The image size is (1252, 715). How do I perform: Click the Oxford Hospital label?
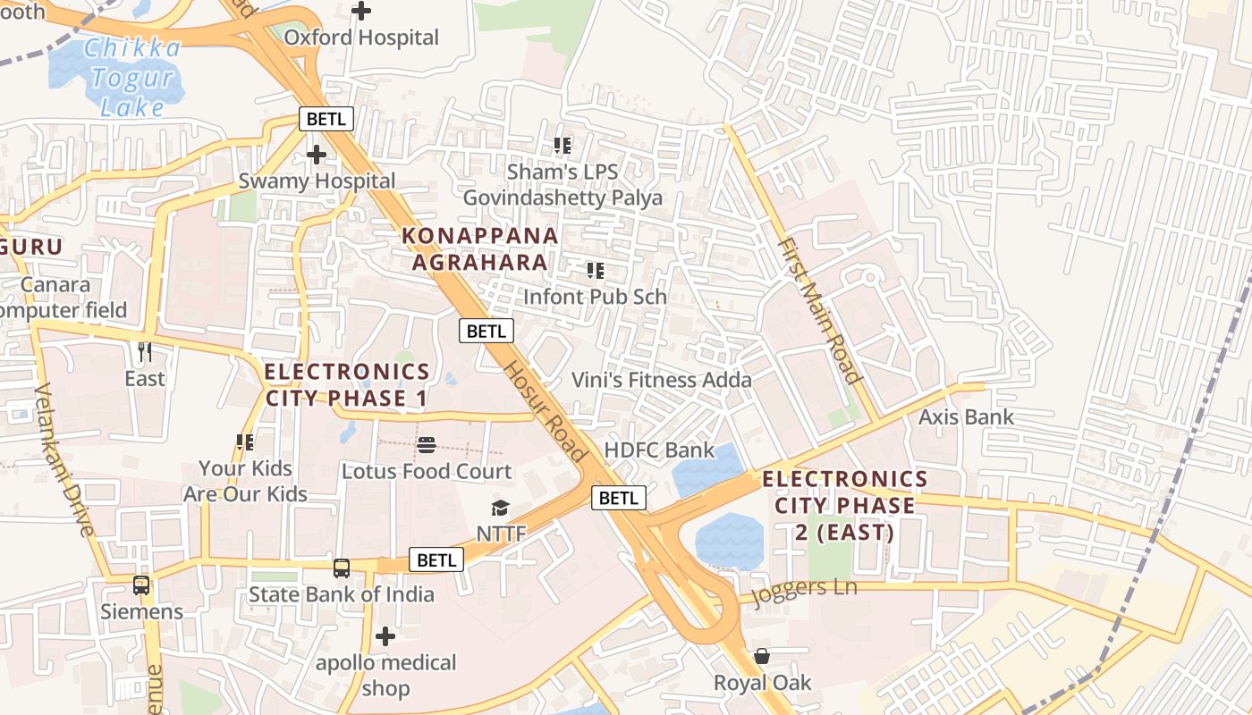tap(361, 38)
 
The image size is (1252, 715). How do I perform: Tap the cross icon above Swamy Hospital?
tap(316, 155)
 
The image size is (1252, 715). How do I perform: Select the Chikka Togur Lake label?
tap(133, 78)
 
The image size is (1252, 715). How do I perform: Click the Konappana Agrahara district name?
tap(480, 248)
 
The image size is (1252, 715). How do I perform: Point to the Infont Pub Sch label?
tap(595, 296)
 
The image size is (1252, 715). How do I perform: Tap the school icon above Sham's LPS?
tap(562, 145)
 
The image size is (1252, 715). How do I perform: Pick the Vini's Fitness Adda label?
tap(662, 380)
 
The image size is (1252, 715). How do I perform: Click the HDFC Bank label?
tap(660, 450)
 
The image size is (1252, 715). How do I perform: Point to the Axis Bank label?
tap(967, 416)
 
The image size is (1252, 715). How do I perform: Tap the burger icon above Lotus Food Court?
tap(427, 445)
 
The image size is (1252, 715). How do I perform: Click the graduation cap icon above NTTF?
tap(500, 509)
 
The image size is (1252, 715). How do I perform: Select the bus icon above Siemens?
tap(141, 585)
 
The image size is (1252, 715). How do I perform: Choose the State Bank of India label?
tap(342, 594)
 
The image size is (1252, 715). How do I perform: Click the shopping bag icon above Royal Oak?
tap(762, 657)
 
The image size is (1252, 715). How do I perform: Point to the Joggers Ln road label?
tap(804, 593)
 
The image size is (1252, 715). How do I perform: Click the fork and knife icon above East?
tap(144, 352)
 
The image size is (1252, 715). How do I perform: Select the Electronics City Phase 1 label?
tap(347, 384)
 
